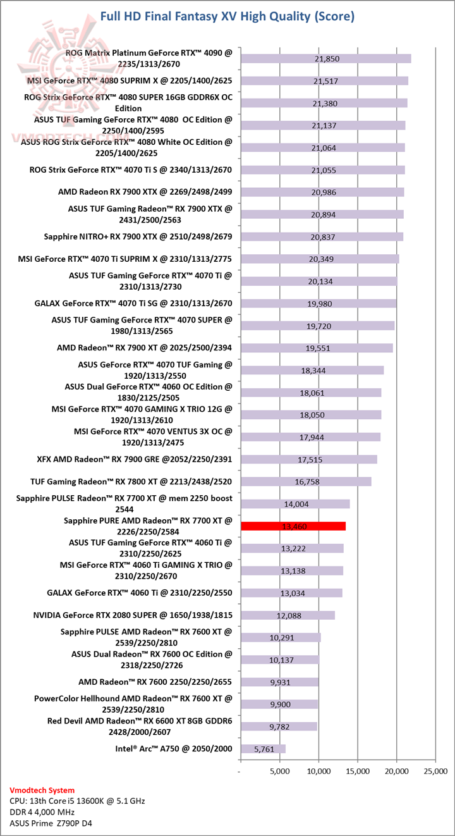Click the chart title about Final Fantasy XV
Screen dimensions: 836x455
click(227, 16)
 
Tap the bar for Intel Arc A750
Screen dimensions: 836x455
click(263, 749)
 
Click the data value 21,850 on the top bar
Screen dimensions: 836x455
click(327, 59)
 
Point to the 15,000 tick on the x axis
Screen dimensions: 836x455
click(358, 771)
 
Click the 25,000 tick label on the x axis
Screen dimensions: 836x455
click(435, 771)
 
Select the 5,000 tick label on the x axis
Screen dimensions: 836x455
click(279, 771)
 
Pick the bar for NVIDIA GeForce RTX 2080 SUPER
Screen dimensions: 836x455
click(288, 615)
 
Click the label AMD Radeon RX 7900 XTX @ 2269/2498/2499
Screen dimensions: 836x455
click(145, 192)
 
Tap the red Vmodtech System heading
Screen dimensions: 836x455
click(42, 790)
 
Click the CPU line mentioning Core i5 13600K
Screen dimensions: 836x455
click(78, 801)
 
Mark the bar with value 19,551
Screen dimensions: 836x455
click(316, 348)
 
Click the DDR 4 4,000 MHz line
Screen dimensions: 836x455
click(43, 812)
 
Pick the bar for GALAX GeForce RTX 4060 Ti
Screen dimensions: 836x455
click(291, 593)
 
